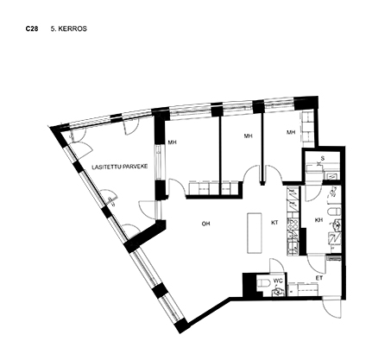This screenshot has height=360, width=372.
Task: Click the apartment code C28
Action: [32, 28]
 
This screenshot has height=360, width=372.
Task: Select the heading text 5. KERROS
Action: [69, 28]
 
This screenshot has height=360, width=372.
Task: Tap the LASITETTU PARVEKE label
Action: [120, 167]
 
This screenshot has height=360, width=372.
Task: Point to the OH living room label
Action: [205, 224]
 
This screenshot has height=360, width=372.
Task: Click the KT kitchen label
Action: [274, 223]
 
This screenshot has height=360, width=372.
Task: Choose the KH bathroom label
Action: [318, 220]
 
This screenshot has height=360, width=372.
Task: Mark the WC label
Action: [278, 281]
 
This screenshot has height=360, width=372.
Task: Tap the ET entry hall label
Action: [319, 278]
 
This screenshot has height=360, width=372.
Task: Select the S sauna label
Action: [323, 158]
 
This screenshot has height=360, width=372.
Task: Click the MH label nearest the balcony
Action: [172, 142]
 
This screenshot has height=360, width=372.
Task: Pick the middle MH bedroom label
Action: [248, 136]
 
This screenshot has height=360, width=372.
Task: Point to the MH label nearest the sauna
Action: [291, 132]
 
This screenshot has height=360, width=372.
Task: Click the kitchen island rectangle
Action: [255, 233]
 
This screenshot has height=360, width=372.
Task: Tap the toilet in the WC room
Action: [262, 284]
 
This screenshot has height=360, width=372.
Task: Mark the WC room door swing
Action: [277, 265]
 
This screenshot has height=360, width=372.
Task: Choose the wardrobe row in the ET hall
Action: [303, 289]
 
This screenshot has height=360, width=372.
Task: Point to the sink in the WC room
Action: [278, 292]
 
